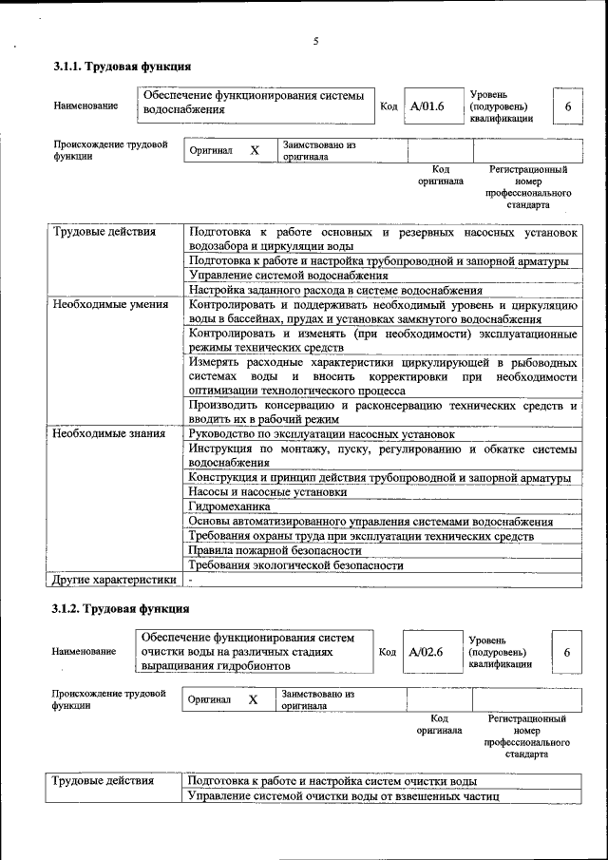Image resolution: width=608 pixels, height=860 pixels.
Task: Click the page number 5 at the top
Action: click(314, 40)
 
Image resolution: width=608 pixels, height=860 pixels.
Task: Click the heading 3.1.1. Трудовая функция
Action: click(123, 67)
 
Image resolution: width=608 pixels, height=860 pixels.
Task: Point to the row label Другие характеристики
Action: click(114, 579)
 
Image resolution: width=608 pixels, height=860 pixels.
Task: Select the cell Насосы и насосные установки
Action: click(268, 492)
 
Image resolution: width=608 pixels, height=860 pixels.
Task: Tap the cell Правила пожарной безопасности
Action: click(275, 550)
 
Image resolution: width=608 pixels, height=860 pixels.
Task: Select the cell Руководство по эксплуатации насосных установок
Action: click(321, 433)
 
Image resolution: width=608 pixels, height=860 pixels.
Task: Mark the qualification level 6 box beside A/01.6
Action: click(567, 106)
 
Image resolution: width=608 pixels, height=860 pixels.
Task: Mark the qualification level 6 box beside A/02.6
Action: click(566, 653)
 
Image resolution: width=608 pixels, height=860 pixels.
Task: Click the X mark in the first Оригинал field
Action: click(254, 150)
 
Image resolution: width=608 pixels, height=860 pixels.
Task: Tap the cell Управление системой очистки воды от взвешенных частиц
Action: click(343, 795)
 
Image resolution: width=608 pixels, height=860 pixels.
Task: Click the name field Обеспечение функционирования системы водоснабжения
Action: click(255, 103)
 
